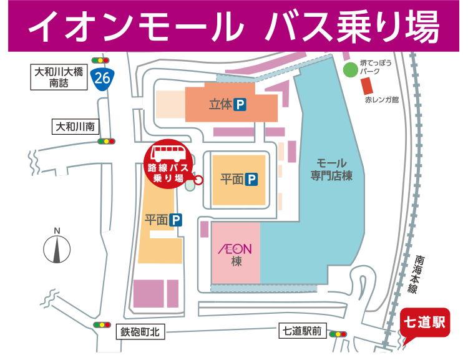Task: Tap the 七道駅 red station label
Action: [424, 322]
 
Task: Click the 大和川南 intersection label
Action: [74, 127]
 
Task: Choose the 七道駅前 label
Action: [301, 332]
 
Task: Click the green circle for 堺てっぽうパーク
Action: [348, 68]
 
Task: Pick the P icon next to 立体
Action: [240, 105]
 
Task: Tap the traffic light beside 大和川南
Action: [107, 141]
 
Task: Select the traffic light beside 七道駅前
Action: [338, 334]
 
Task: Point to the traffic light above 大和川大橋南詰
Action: [100, 60]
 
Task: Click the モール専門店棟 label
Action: [332, 170]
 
